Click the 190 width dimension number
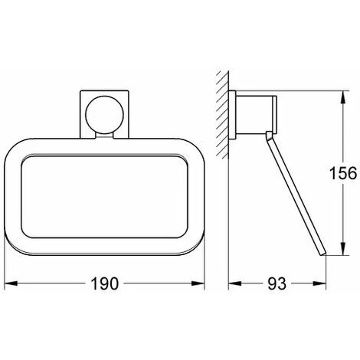105,283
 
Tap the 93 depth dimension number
277,283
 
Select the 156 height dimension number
343,173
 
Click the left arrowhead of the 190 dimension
11,283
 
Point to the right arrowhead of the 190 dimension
198,283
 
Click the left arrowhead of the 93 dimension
235,283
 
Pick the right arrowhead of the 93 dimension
319,283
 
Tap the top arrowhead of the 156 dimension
343,97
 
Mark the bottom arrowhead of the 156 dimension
343,248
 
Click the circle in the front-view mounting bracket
105,115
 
